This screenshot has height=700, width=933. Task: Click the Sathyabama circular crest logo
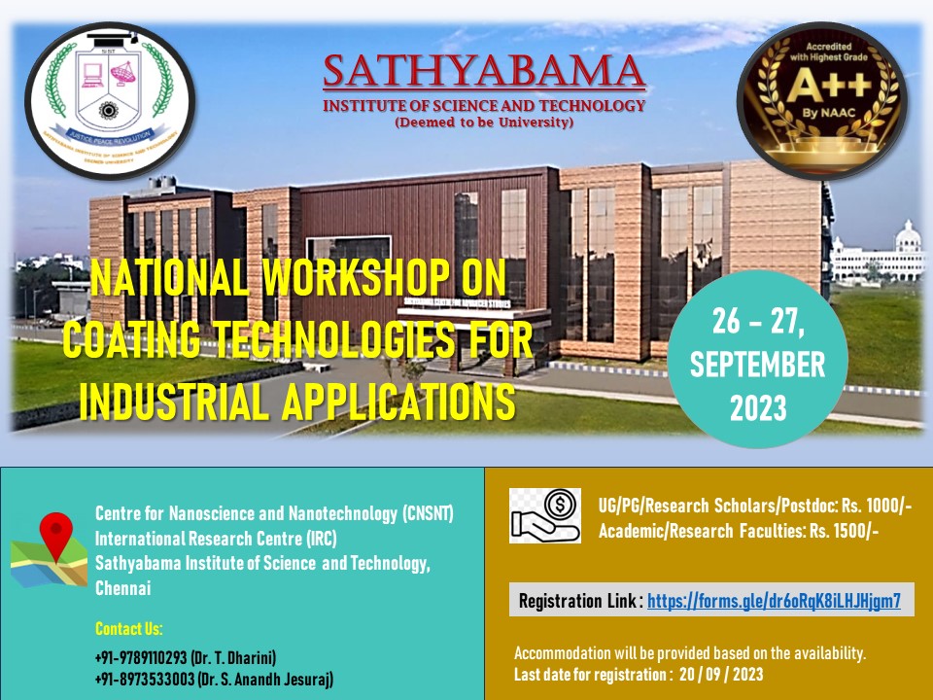tap(110, 100)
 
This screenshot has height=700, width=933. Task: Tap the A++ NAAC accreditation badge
tap(821, 100)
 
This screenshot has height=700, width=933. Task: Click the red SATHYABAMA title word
tap(484, 71)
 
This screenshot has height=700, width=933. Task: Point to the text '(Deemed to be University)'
tap(484, 123)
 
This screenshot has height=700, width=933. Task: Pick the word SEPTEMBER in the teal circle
tap(758, 366)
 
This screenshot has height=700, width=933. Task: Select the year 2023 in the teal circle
tap(758, 407)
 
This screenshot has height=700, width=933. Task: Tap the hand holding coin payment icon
tap(545, 514)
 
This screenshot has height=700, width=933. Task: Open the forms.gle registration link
tap(774, 601)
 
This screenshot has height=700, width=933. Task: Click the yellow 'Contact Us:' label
tap(129, 628)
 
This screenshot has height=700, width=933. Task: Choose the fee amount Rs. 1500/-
tap(842, 531)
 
